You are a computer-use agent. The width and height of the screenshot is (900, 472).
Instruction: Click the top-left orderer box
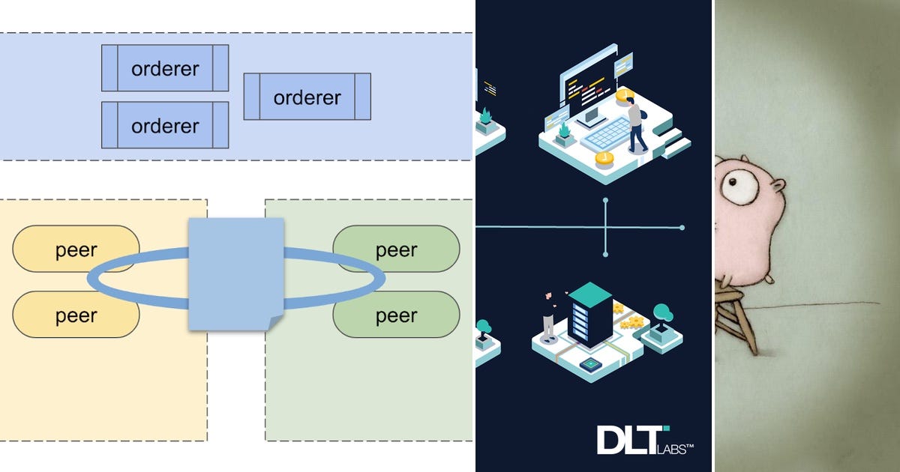[165, 68]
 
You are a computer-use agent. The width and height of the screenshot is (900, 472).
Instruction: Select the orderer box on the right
[307, 97]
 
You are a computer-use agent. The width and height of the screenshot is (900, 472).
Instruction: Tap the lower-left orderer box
[165, 125]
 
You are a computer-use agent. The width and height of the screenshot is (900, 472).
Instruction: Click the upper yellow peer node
[75, 249]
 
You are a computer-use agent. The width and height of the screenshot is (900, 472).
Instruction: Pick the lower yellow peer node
[75, 315]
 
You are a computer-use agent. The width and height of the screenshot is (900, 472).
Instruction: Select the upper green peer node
[396, 249]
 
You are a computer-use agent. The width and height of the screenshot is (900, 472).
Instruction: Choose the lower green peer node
[396, 315]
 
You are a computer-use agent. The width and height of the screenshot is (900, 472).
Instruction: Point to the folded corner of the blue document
[274, 321]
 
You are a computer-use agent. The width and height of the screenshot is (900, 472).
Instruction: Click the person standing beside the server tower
[549, 315]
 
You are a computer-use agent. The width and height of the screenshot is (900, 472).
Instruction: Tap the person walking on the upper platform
[636, 123]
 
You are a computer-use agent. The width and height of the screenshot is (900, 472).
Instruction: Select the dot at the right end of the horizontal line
[682, 227]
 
